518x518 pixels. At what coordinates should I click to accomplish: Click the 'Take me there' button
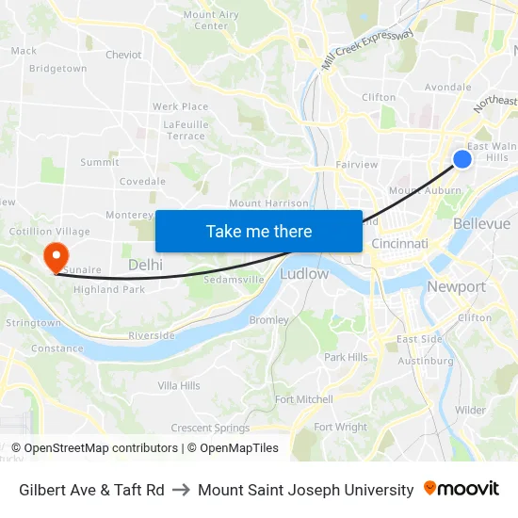tap(259, 232)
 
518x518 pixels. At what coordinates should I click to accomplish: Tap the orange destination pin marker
tap(56, 254)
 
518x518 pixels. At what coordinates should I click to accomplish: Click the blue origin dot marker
tap(462, 159)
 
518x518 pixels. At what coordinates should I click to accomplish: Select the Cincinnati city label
tap(400, 244)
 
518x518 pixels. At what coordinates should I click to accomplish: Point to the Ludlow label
tap(304, 274)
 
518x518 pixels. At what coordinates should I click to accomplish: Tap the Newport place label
tap(456, 286)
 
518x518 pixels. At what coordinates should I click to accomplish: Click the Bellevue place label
tap(481, 223)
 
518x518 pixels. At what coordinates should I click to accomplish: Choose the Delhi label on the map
tap(145, 265)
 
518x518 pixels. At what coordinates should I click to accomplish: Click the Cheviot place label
tap(123, 55)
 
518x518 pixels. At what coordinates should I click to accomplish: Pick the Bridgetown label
tap(57, 69)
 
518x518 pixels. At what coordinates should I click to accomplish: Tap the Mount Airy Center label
tap(211, 20)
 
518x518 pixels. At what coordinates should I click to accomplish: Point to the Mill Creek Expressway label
tap(367, 49)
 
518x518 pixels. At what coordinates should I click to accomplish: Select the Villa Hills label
tap(179, 385)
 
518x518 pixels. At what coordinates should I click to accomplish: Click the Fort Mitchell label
tap(304, 399)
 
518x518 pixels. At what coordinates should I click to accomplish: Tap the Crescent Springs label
tap(211, 428)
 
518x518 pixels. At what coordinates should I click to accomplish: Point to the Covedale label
tap(142, 181)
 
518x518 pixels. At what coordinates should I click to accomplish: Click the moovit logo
tap(461, 489)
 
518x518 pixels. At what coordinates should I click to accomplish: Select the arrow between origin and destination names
tap(181, 490)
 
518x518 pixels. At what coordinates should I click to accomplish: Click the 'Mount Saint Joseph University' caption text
tap(306, 490)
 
